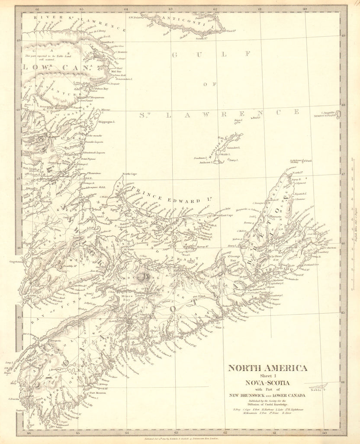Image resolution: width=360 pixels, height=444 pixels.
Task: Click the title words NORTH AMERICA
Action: [267, 368]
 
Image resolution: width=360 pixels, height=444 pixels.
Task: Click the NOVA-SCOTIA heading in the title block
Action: [267, 383]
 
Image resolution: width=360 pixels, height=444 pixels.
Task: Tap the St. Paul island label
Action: [308, 161]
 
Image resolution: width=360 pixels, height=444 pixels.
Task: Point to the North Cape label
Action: [129, 174]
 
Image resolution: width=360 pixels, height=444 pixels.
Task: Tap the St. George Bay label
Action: [231, 258]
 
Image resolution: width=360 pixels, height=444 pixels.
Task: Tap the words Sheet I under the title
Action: [267, 376]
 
